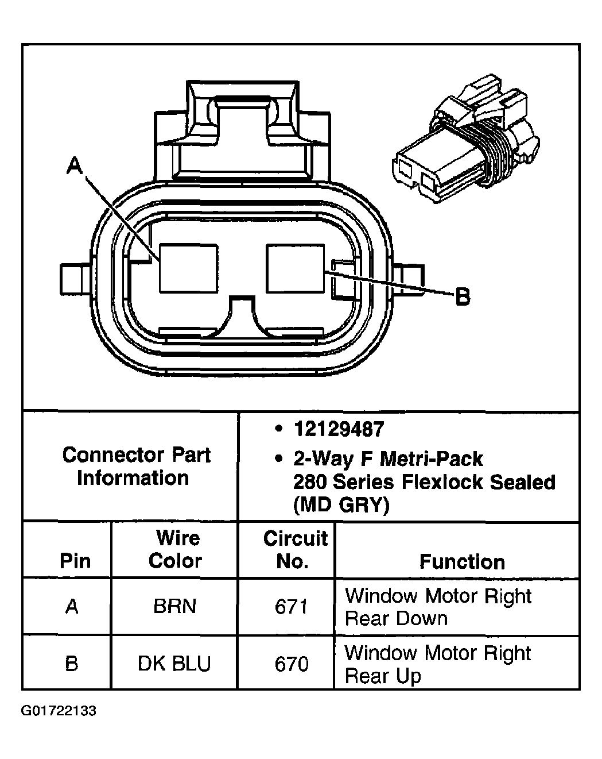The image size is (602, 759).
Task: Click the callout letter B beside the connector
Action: (462, 297)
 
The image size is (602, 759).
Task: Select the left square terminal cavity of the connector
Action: (188, 268)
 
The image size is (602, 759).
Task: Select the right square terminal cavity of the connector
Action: (296, 268)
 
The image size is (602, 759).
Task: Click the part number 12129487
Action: (339, 429)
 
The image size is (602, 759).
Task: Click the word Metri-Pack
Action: (431, 459)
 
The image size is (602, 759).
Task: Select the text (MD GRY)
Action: (341, 505)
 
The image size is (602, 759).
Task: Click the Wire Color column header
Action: (176, 549)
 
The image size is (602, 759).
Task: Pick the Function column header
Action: (462, 561)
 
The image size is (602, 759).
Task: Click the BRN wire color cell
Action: (174, 607)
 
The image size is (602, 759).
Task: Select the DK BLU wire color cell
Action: (174, 664)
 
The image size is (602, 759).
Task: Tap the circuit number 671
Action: (292, 607)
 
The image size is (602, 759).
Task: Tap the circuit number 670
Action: (292, 664)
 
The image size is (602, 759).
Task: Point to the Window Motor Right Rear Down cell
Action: (438, 607)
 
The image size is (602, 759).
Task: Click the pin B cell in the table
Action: (72, 664)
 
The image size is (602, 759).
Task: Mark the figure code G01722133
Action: (59, 711)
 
